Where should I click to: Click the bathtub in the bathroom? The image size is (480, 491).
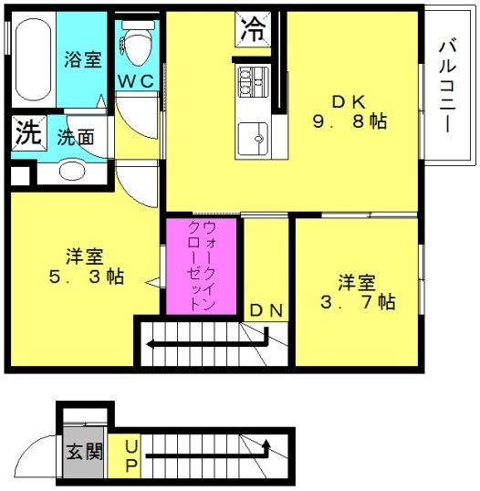33,60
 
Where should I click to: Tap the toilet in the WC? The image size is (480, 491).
138,43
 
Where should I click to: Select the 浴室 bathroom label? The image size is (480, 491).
83,59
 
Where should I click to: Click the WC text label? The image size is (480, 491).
136,81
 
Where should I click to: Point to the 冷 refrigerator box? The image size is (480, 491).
253,29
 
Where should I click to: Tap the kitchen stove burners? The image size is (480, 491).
253,82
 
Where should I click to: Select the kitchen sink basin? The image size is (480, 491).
253,139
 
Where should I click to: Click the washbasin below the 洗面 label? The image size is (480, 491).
72,172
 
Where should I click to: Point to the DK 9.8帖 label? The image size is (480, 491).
350,111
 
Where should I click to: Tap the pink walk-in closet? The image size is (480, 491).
201,266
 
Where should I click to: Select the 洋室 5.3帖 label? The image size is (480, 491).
86,266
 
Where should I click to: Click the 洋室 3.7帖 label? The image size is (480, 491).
357,292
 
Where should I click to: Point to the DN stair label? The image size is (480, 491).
266,310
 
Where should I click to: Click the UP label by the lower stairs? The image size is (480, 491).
130,456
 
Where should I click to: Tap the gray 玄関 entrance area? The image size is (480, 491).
83,452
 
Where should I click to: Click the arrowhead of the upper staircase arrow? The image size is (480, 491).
151,344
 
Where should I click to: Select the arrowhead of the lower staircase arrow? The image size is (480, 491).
266,444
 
